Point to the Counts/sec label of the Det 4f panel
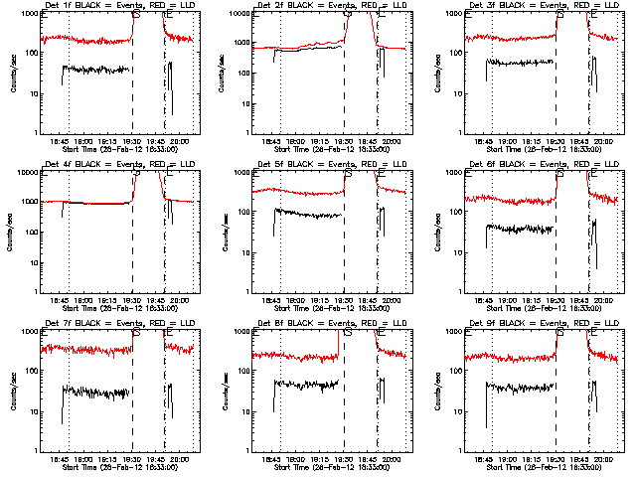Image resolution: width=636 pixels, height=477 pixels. pos(12,231)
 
